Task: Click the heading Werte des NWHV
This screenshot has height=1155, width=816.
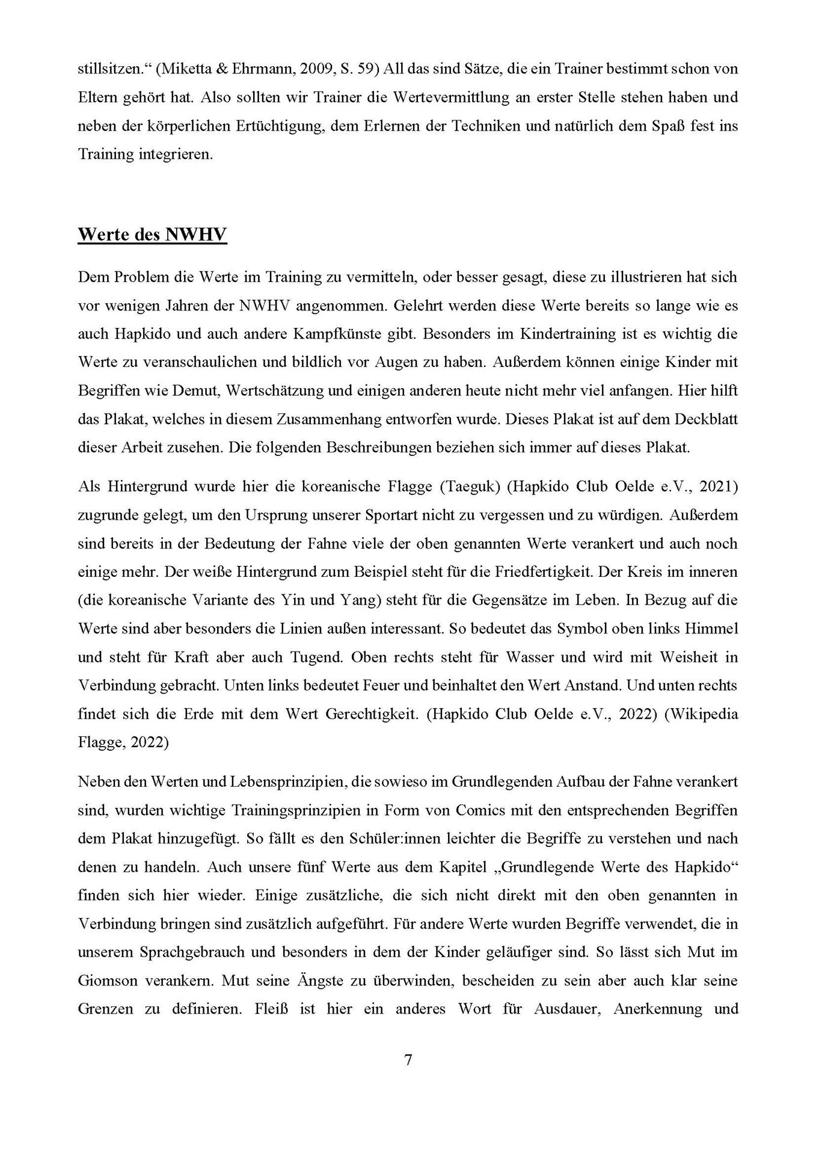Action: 152,234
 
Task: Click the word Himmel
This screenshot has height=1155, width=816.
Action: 711,629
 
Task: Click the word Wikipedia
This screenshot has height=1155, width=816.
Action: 702,714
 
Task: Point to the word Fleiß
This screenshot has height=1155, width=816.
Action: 258,1009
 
